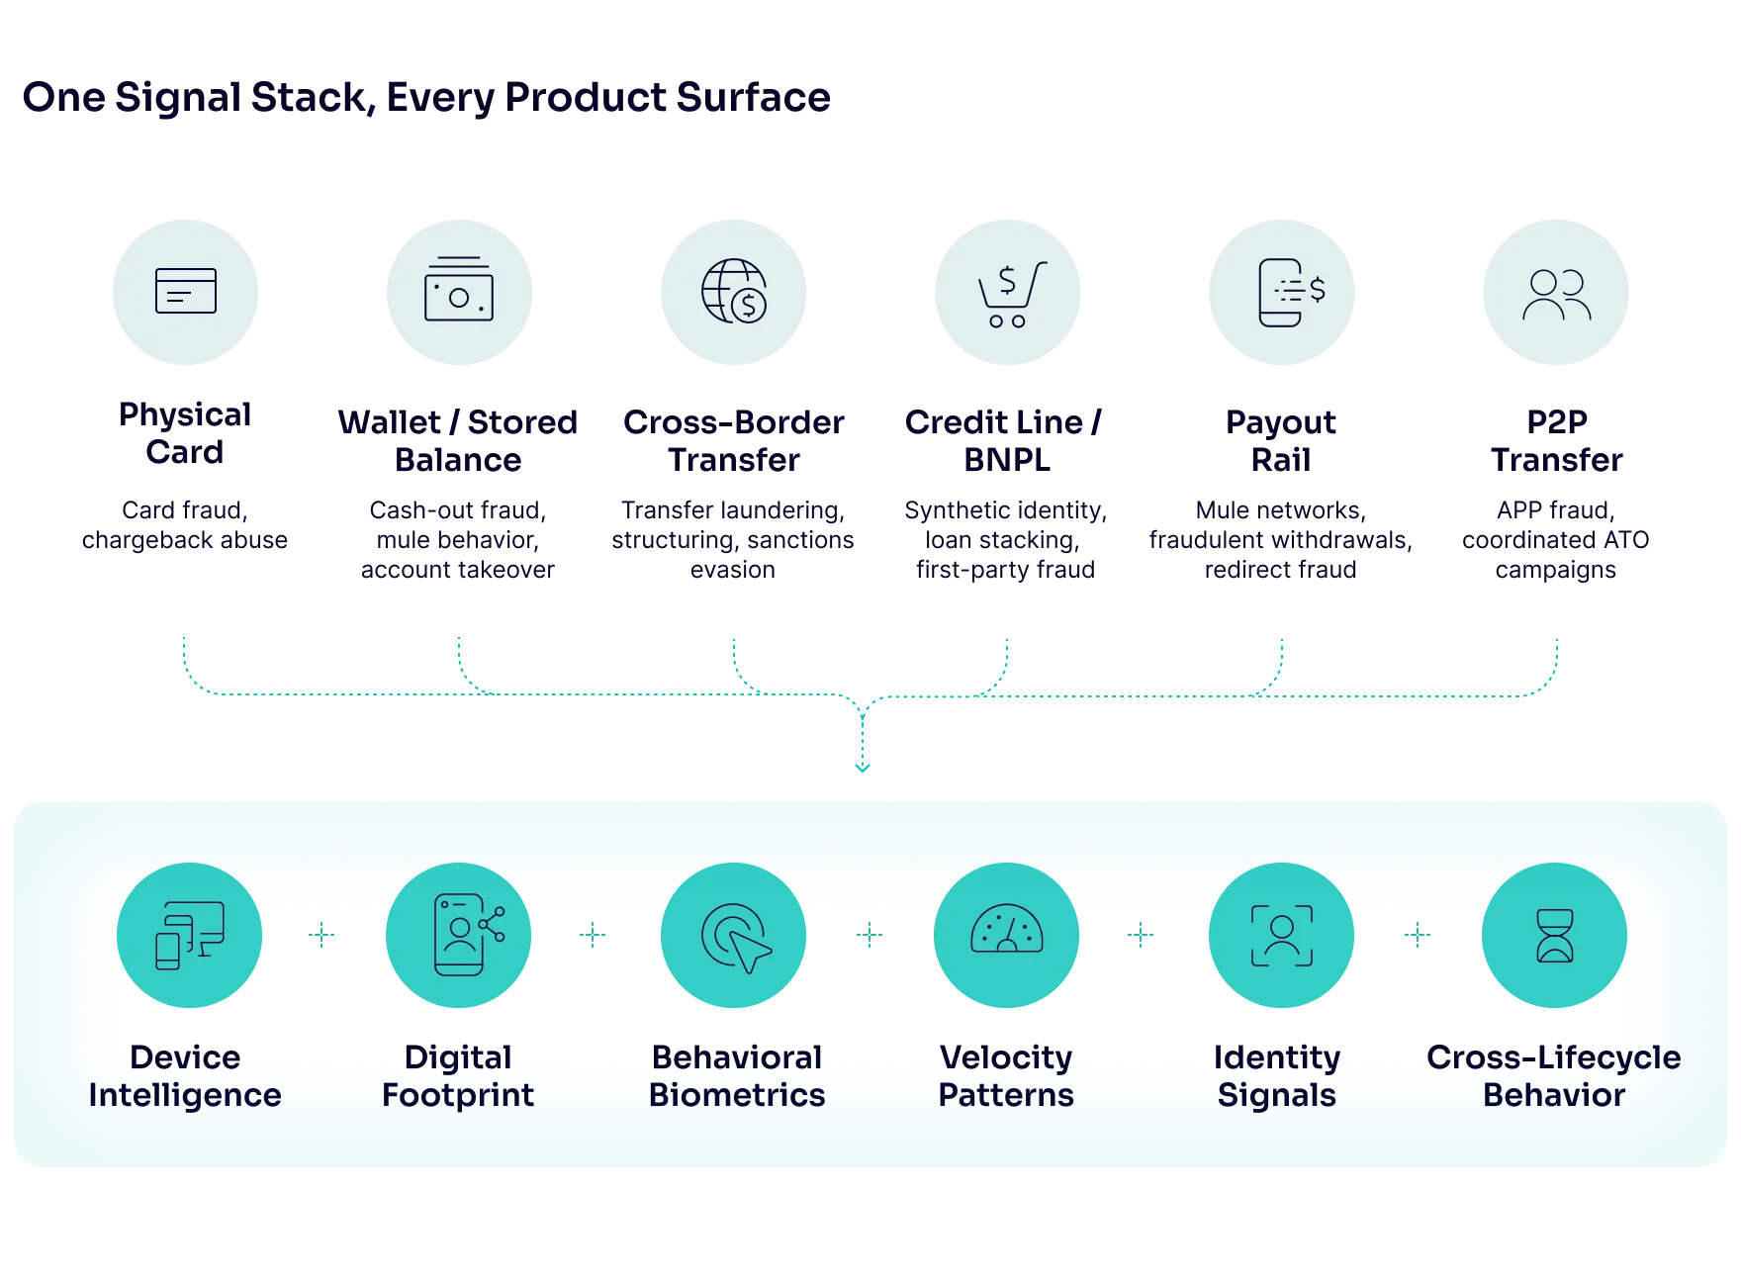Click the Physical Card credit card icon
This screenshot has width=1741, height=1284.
(186, 291)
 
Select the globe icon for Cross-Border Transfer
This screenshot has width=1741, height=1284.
(734, 291)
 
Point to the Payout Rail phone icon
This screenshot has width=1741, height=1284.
(1291, 292)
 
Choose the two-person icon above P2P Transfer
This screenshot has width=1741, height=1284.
(1557, 295)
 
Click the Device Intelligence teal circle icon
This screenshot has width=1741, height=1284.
(189, 935)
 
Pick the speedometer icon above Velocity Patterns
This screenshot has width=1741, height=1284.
(1007, 929)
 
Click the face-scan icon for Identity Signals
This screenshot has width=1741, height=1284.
(1282, 935)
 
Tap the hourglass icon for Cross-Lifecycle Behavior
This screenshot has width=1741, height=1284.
(1555, 936)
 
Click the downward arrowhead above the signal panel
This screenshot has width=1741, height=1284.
(863, 767)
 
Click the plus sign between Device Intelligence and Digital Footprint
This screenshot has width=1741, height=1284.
(321, 935)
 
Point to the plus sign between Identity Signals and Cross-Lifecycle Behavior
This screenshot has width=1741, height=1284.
(1418, 935)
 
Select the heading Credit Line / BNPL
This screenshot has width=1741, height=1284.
(1004, 441)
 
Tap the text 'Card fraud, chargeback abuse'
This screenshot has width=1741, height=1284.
(185, 525)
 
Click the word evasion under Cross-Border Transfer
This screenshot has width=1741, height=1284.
(733, 570)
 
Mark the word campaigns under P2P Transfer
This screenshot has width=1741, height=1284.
(1556, 571)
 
